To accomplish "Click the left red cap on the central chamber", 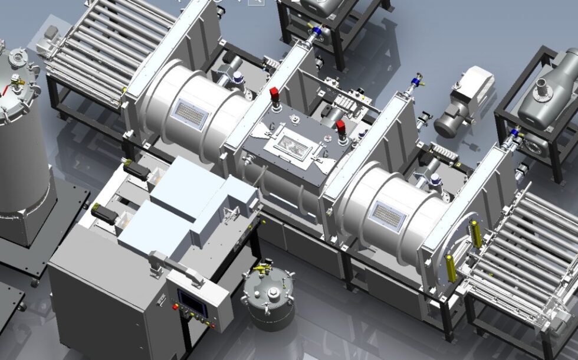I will (274, 95).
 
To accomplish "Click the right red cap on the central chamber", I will (340, 127).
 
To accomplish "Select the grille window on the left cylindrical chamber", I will (189, 114).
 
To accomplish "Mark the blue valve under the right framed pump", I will (515, 134).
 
